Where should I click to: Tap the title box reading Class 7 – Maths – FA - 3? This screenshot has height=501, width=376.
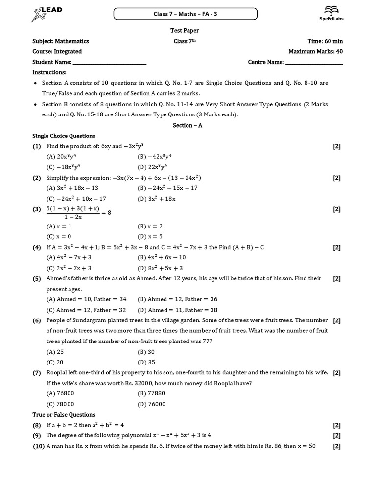coord(186,14)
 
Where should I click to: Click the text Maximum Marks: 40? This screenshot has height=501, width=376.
coord(316,51)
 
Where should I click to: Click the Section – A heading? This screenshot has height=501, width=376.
coord(188,125)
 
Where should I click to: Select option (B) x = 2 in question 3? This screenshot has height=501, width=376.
coord(150,227)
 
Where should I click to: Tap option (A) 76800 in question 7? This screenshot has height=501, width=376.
coord(57,393)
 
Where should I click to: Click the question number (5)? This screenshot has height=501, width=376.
coord(37,279)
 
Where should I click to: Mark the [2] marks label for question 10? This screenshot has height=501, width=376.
coord(337,446)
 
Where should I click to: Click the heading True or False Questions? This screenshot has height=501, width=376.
coord(64,415)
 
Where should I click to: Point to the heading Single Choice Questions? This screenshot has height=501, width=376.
coord(64,136)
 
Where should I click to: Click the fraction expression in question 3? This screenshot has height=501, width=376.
coord(73,213)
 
